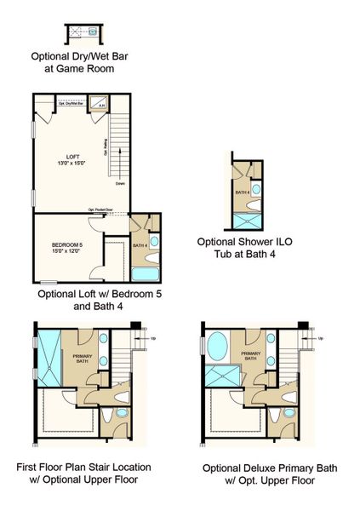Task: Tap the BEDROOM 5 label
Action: [65, 247]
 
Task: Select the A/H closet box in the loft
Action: [102, 106]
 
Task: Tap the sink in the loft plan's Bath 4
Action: [154, 242]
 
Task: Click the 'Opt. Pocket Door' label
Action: [101, 210]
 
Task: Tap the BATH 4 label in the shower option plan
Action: [243, 192]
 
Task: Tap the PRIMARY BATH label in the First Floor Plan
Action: [83, 359]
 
